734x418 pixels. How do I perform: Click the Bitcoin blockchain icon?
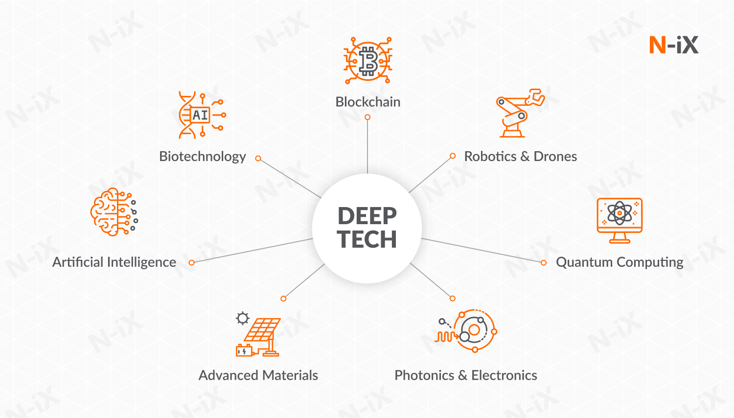tap(367, 61)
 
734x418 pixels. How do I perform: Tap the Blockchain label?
tap(367, 102)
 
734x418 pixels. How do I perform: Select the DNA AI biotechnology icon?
tap(202, 115)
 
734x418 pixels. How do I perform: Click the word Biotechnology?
tap(203, 157)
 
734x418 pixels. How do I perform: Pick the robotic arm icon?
tap(520, 113)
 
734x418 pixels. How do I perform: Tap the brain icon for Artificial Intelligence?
tap(114, 212)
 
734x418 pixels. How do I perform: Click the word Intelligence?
tap(141, 262)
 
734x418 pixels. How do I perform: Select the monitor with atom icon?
tap(619, 220)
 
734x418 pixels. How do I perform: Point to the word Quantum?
tap(580, 262)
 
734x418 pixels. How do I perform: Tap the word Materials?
tap(290, 375)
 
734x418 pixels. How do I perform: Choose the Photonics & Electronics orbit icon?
tap(466, 330)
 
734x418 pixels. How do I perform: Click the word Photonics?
tap(424, 375)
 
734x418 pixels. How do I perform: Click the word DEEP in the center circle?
tap(367, 216)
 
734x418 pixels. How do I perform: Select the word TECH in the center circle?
tap(367, 239)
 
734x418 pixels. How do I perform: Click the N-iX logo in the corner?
tap(674, 45)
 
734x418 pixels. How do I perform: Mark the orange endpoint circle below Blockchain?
tap(367, 117)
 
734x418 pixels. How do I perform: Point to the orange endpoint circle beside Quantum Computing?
tap(544, 263)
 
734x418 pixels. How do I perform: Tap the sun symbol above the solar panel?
tap(243, 318)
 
